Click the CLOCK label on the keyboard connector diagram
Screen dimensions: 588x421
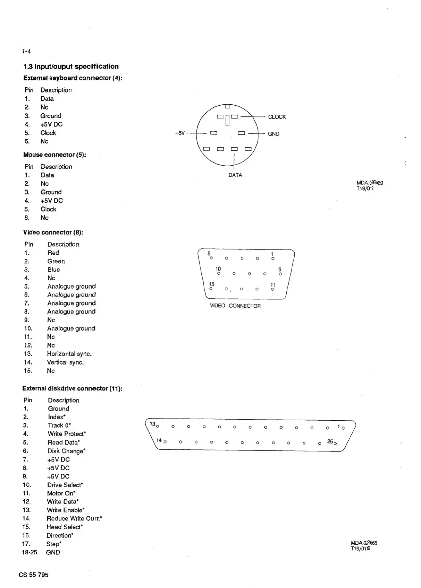tap(277, 117)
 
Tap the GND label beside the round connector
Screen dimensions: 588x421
tap(273, 134)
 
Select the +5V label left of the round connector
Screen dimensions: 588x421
tap(180, 133)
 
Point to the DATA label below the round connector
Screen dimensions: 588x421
tap(235, 175)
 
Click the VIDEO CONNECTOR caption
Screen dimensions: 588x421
tap(235, 306)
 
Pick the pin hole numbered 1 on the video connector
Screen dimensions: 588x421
tap(273, 258)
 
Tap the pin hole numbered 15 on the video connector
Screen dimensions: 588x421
tap(211, 289)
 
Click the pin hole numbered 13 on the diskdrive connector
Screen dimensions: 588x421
tap(158, 427)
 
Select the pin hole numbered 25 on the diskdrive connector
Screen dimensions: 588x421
tap(335, 444)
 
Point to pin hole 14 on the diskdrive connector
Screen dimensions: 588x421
tap(165, 442)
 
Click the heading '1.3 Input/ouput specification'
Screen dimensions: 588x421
tap(71, 67)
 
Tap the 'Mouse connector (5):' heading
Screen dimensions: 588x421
tap(54, 155)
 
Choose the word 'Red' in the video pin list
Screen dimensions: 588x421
tap(53, 253)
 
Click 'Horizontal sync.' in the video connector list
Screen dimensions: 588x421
tap(69, 354)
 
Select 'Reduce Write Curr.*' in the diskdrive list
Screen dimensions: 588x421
tap(74, 519)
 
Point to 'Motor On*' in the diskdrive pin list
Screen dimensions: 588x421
tap(61, 493)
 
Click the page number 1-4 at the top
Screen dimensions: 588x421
tap(26, 52)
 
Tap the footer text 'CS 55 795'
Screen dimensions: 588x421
tap(34, 575)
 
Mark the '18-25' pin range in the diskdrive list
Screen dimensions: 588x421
tap(29, 553)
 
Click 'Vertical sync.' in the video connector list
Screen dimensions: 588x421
tap(65, 362)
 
